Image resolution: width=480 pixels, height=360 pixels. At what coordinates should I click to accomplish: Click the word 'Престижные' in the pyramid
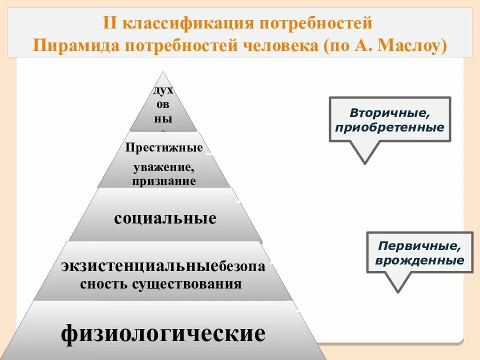[164, 148]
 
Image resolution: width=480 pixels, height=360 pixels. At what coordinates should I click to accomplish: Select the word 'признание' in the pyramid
[164, 181]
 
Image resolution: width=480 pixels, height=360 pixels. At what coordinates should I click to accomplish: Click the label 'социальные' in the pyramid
[165, 218]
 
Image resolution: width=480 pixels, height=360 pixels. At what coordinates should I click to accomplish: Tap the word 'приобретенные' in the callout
[390, 127]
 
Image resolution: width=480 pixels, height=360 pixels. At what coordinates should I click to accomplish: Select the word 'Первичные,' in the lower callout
[419, 246]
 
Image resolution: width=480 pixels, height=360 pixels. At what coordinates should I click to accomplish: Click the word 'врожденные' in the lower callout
[419, 260]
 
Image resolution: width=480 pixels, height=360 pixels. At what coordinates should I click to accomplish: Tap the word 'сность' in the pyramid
[104, 284]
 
